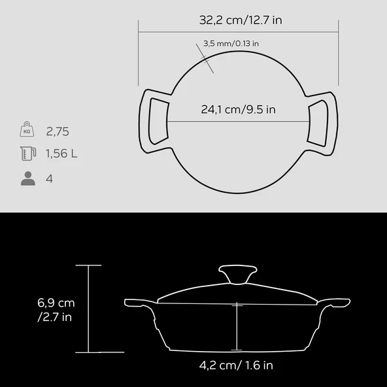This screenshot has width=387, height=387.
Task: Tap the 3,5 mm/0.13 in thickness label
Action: pyautogui.click(x=231, y=44)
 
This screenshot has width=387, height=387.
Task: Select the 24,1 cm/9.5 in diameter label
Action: pyautogui.click(x=238, y=110)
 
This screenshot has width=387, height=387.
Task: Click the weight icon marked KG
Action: pyautogui.click(x=27, y=131)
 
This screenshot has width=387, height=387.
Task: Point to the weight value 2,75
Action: pyautogui.click(x=58, y=131)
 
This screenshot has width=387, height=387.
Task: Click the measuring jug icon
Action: pyautogui.click(x=27, y=154)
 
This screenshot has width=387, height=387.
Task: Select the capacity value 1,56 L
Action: pyautogui.click(x=61, y=154)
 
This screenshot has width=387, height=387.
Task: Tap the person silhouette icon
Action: pyautogui.click(x=27, y=178)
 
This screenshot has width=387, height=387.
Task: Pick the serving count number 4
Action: pyautogui.click(x=50, y=178)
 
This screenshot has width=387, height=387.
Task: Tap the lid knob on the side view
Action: pyautogui.click(x=237, y=273)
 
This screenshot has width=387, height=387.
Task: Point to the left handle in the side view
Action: pyautogui.click(x=136, y=303)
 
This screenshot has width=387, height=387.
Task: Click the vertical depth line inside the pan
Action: pyautogui.click(x=237, y=327)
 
